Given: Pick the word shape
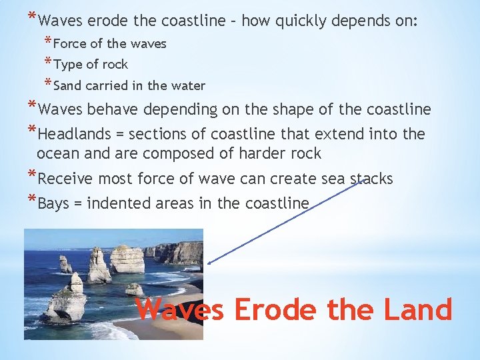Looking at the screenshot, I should tap(293, 109).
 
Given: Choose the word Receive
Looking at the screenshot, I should tap(67, 179).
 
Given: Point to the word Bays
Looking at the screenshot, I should tap(54, 203).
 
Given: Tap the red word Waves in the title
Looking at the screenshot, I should tap(180, 310).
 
